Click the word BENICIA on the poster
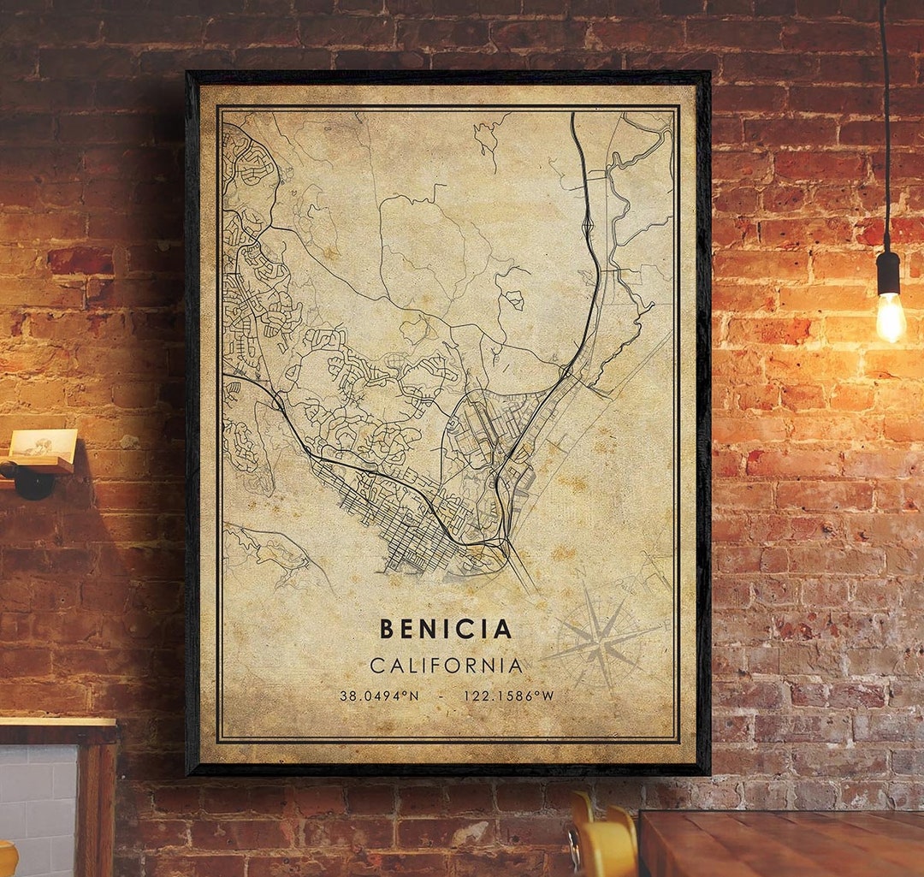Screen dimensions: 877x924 tap(446, 629)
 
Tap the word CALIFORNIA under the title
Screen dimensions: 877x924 tap(446, 666)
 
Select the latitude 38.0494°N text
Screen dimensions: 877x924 tap(379, 696)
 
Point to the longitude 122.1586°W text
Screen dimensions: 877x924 tap(508, 696)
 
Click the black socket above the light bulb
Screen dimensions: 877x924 tap(888, 272)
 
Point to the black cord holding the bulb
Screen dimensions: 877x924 tap(885, 128)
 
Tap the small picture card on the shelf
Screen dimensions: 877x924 tap(43, 443)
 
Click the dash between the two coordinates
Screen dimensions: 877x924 tap(441, 696)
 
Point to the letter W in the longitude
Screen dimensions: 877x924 tap(548, 696)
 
